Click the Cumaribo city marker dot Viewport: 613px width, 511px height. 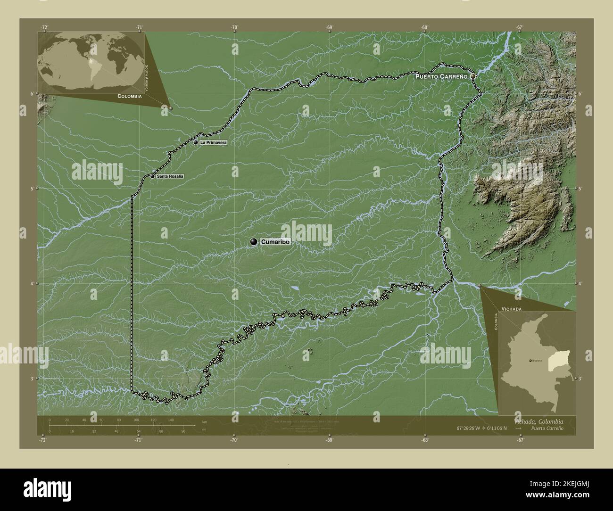point(254,242)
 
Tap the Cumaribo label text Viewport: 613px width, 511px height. point(274,242)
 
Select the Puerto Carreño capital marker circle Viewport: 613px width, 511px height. point(473,76)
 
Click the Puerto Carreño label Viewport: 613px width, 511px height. point(441,76)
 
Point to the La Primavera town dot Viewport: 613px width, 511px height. point(196,142)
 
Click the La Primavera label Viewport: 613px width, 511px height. point(213,142)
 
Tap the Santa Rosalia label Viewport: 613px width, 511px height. point(170,176)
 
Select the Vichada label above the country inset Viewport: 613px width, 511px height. point(512,308)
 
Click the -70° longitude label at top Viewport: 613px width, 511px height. point(234,27)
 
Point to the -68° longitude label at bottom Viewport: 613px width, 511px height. point(425,440)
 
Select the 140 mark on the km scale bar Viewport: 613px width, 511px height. point(170,420)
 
